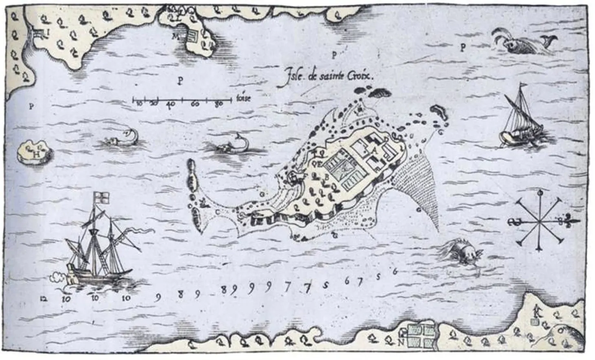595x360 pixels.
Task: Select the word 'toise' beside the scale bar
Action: tap(243, 98)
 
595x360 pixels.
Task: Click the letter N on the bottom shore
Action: tap(401, 342)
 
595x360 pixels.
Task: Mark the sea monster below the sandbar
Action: tap(461, 250)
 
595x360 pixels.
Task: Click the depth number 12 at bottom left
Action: tap(44, 299)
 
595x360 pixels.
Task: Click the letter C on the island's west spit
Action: tap(217, 211)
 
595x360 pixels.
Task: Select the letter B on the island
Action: tap(326, 177)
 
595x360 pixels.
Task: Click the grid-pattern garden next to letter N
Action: tap(422, 336)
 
